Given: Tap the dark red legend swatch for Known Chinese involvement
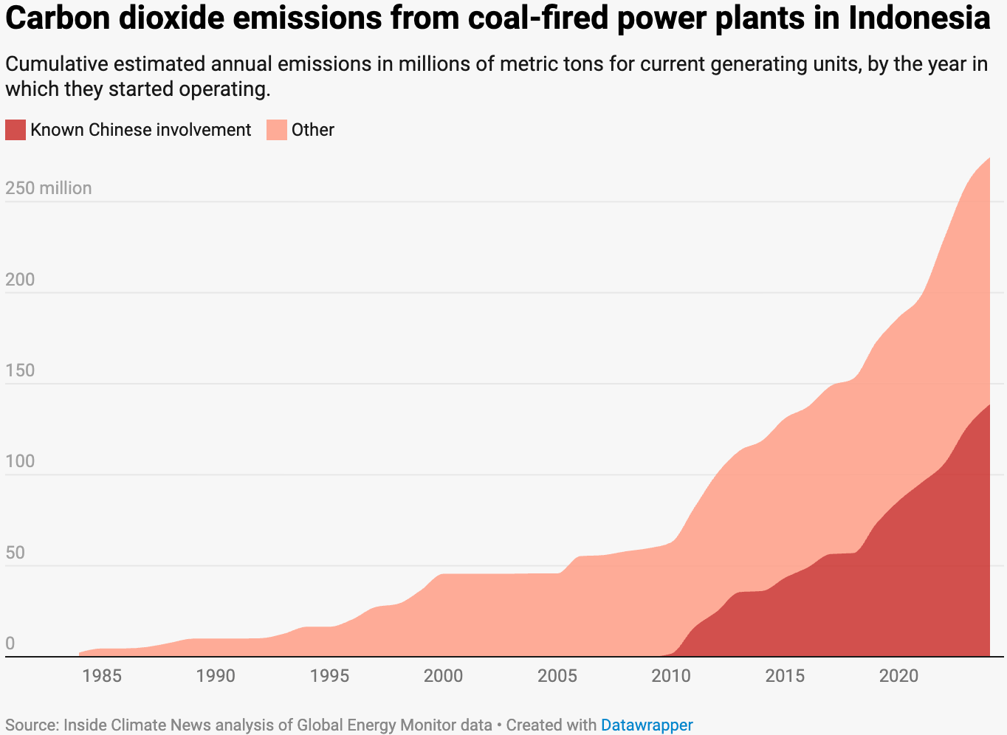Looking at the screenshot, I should tap(16, 130).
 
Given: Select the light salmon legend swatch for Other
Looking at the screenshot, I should tap(277, 130).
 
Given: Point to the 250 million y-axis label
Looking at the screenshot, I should tap(49, 188).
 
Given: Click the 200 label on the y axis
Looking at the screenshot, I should tap(20, 280).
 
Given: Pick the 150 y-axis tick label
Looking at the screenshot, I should tap(20, 370).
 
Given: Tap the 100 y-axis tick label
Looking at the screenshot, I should tap(20, 461).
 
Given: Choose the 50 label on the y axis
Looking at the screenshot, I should tap(16, 553).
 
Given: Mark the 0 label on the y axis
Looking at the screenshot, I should tap(10, 643).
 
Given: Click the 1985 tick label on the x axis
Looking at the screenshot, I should tap(102, 675).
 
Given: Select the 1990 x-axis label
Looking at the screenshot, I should tap(216, 675).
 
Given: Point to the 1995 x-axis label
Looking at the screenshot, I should tap(329, 675).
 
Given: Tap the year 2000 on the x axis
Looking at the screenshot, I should tap(443, 675).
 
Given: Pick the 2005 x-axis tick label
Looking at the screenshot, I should tap(557, 675).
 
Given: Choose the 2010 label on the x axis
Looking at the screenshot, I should tap(670, 675).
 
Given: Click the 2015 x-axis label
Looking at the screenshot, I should tap(785, 675).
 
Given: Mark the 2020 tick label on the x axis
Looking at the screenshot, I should tap(898, 675).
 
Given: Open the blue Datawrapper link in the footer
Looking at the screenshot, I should tap(647, 725).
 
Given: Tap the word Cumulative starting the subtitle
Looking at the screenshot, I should tap(57, 64).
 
